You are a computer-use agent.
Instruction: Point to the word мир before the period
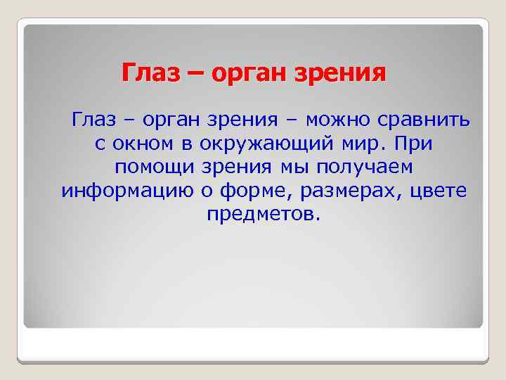pos(368,144)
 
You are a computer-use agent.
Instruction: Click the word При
pos(415,144)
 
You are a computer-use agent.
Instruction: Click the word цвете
pos(437,191)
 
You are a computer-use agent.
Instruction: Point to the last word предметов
pos(263,214)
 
